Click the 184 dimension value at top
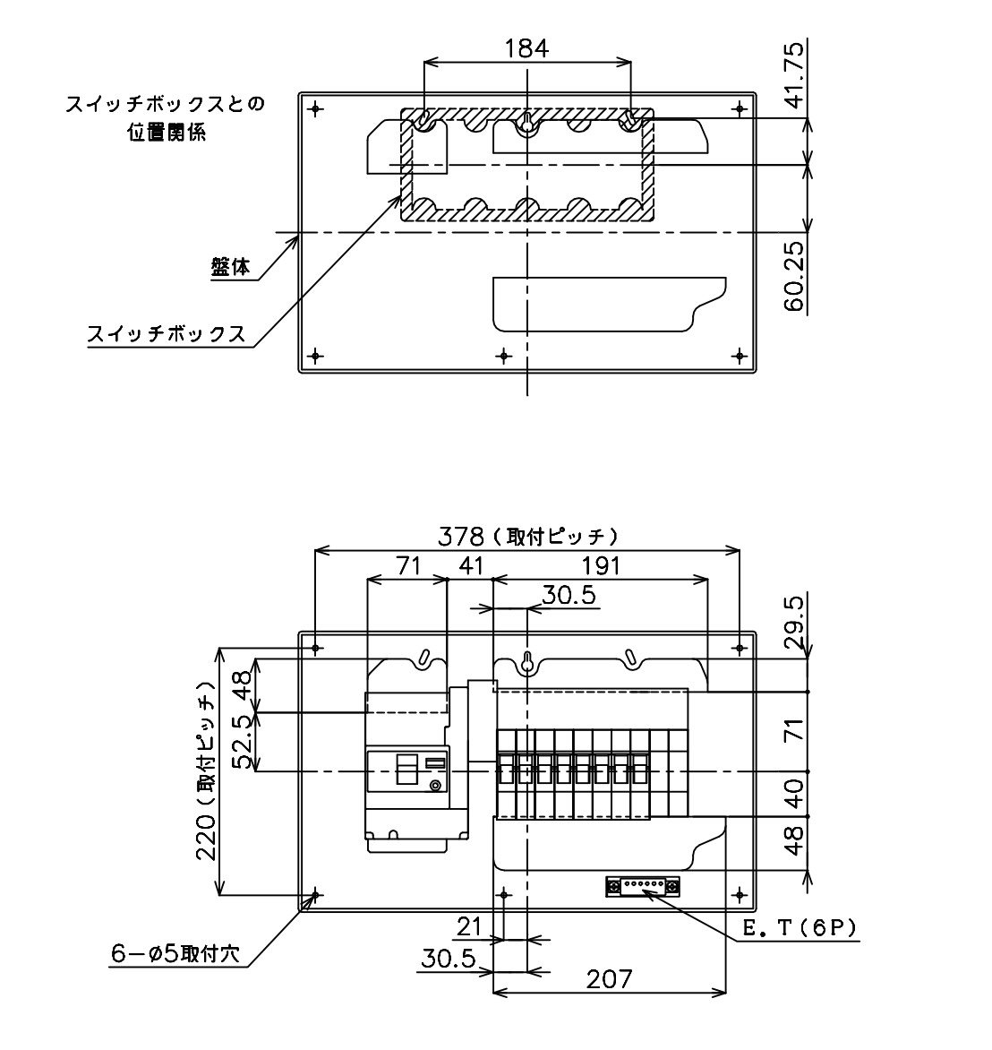pos(526,48)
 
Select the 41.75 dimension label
pos(795,74)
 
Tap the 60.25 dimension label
pos(795,277)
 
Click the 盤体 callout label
pos(230,267)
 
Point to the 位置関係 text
pos(167,133)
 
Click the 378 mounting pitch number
pos(461,536)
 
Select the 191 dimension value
pos(601,566)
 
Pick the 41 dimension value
pos(471,566)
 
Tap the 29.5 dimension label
pos(794,623)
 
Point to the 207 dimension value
pos(609,980)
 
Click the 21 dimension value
pos(469,926)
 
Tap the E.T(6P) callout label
pos(800,928)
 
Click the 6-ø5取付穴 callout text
pos(175,953)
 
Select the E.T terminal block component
pos(643,887)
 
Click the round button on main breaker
pos(436,787)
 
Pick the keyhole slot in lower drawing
pos(527,664)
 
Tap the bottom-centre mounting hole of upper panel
pos(505,356)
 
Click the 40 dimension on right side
pos(794,794)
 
